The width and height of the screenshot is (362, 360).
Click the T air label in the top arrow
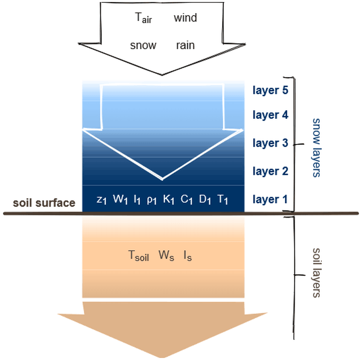[x=143, y=19]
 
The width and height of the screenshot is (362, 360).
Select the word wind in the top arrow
[x=185, y=18]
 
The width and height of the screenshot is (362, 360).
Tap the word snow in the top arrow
[x=143, y=45]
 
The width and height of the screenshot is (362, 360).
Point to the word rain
[x=185, y=45]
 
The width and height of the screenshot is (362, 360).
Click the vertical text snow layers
[x=317, y=148]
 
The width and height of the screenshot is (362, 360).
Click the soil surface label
[x=44, y=203]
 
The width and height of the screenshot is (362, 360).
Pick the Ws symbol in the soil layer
[x=166, y=255]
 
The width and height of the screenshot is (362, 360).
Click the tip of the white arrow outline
[x=162, y=178]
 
